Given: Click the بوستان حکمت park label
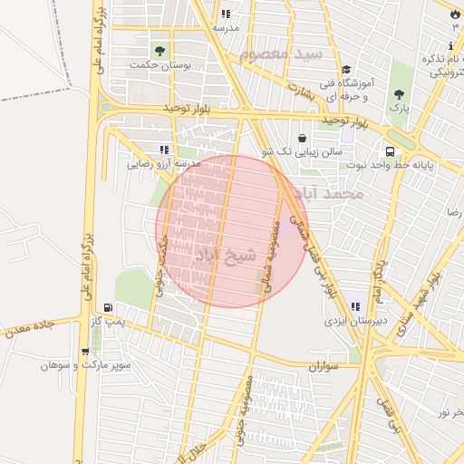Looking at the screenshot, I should coord(150,65).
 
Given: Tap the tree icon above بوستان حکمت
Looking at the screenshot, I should coord(160,50).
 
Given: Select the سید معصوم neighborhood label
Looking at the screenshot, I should coord(281,54).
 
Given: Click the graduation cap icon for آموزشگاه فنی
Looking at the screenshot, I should coord(345,70).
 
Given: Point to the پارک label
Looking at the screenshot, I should coord(400,108).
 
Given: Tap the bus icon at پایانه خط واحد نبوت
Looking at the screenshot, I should coord(390,151).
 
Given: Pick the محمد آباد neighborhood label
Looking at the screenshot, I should coord(334,194).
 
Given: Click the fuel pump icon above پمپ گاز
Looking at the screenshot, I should coord(109,307).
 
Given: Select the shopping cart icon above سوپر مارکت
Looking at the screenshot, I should coord(85,352).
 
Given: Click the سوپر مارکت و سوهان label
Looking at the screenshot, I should coord(85,366).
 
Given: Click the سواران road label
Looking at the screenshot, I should coord(322,367).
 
